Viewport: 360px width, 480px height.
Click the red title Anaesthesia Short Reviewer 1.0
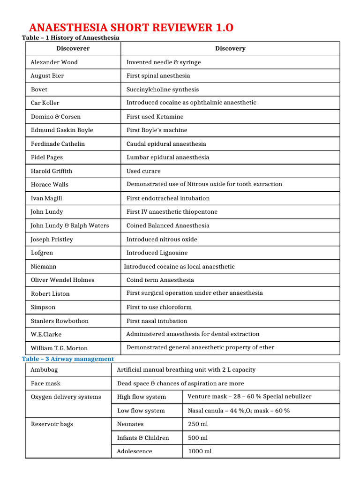pos(131,28)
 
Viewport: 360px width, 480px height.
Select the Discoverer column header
pos(73,48)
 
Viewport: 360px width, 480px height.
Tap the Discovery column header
pos(230,48)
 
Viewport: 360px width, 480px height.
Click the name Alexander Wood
pos(54,62)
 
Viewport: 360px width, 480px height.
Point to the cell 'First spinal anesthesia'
pos(158,75)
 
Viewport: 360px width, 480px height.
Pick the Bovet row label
pos(39,89)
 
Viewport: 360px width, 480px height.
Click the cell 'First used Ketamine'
pos(155,116)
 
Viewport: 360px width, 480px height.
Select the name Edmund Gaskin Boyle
pos(62,130)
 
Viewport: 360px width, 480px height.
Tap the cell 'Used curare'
pos(143,171)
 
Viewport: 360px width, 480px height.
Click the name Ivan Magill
pos(46,198)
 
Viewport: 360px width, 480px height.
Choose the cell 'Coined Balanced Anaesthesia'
pos(168,225)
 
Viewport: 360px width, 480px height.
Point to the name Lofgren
pos(42,253)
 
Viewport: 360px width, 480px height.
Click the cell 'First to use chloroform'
pos(159,307)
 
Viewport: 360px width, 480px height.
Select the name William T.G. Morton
pos(59,348)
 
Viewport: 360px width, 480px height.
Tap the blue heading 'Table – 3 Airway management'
pos(68,359)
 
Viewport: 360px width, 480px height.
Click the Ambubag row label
pos(44,369)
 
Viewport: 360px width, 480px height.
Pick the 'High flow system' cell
pos(142,397)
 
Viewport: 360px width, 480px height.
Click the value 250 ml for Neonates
pos(197,424)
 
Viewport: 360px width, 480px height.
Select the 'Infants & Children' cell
pos(143,438)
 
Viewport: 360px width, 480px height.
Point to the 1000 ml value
pos(199,451)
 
